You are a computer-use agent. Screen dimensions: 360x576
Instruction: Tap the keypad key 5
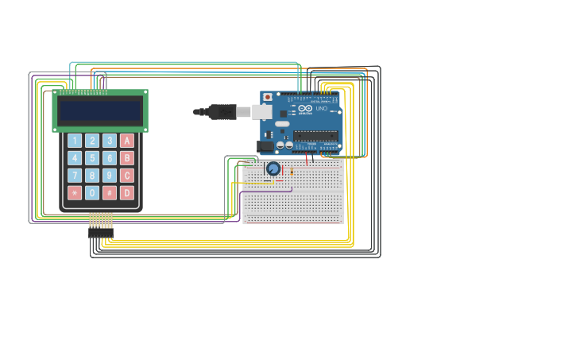tap(92, 158)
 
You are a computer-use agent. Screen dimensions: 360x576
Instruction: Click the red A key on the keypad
tap(127, 141)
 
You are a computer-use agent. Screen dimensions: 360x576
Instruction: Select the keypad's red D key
tap(127, 193)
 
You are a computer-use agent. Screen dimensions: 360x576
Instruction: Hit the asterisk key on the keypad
tap(75, 193)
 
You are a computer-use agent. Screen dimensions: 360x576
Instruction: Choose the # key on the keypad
tap(110, 193)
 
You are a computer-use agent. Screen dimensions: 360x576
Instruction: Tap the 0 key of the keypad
tap(92, 193)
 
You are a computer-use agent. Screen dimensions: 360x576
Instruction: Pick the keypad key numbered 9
tap(110, 176)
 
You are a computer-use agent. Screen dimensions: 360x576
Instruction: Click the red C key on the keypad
tap(127, 176)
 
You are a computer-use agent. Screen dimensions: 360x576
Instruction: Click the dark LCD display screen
tap(100, 110)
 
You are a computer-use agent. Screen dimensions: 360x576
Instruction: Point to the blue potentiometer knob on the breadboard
tap(273, 168)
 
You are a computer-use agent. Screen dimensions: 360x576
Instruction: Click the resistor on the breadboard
tap(292, 171)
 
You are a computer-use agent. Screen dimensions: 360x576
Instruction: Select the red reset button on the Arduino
tap(267, 97)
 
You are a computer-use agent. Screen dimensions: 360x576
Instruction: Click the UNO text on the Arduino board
tap(321, 108)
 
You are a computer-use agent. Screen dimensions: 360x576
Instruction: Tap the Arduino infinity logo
tap(306, 108)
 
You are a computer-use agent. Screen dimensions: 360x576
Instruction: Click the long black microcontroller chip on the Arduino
tap(315, 136)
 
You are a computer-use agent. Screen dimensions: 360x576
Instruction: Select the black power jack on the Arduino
tap(265, 146)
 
